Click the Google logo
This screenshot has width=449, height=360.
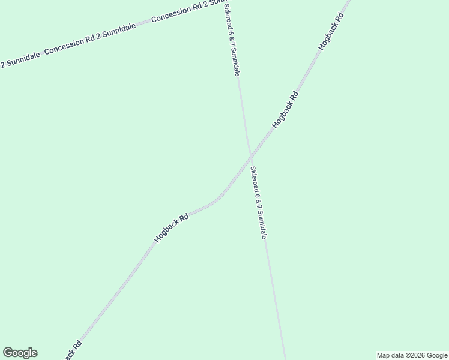click(x=20, y=353)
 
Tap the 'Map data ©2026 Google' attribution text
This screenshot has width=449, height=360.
click(x=412, y=355)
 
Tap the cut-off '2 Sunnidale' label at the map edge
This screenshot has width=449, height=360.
click(x=19, y=59)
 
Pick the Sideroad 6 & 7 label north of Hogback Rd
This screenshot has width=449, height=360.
click(x=232, y=40)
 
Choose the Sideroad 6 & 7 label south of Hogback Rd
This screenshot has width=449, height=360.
click(x=258, y=203)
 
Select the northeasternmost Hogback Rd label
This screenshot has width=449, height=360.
click(x=331, y=31)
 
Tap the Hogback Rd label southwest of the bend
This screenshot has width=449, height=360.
click(x=172, y=228)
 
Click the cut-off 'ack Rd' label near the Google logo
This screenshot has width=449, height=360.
click(x=71, y=350)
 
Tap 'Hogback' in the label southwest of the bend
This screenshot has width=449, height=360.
click(x=166, y=232)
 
